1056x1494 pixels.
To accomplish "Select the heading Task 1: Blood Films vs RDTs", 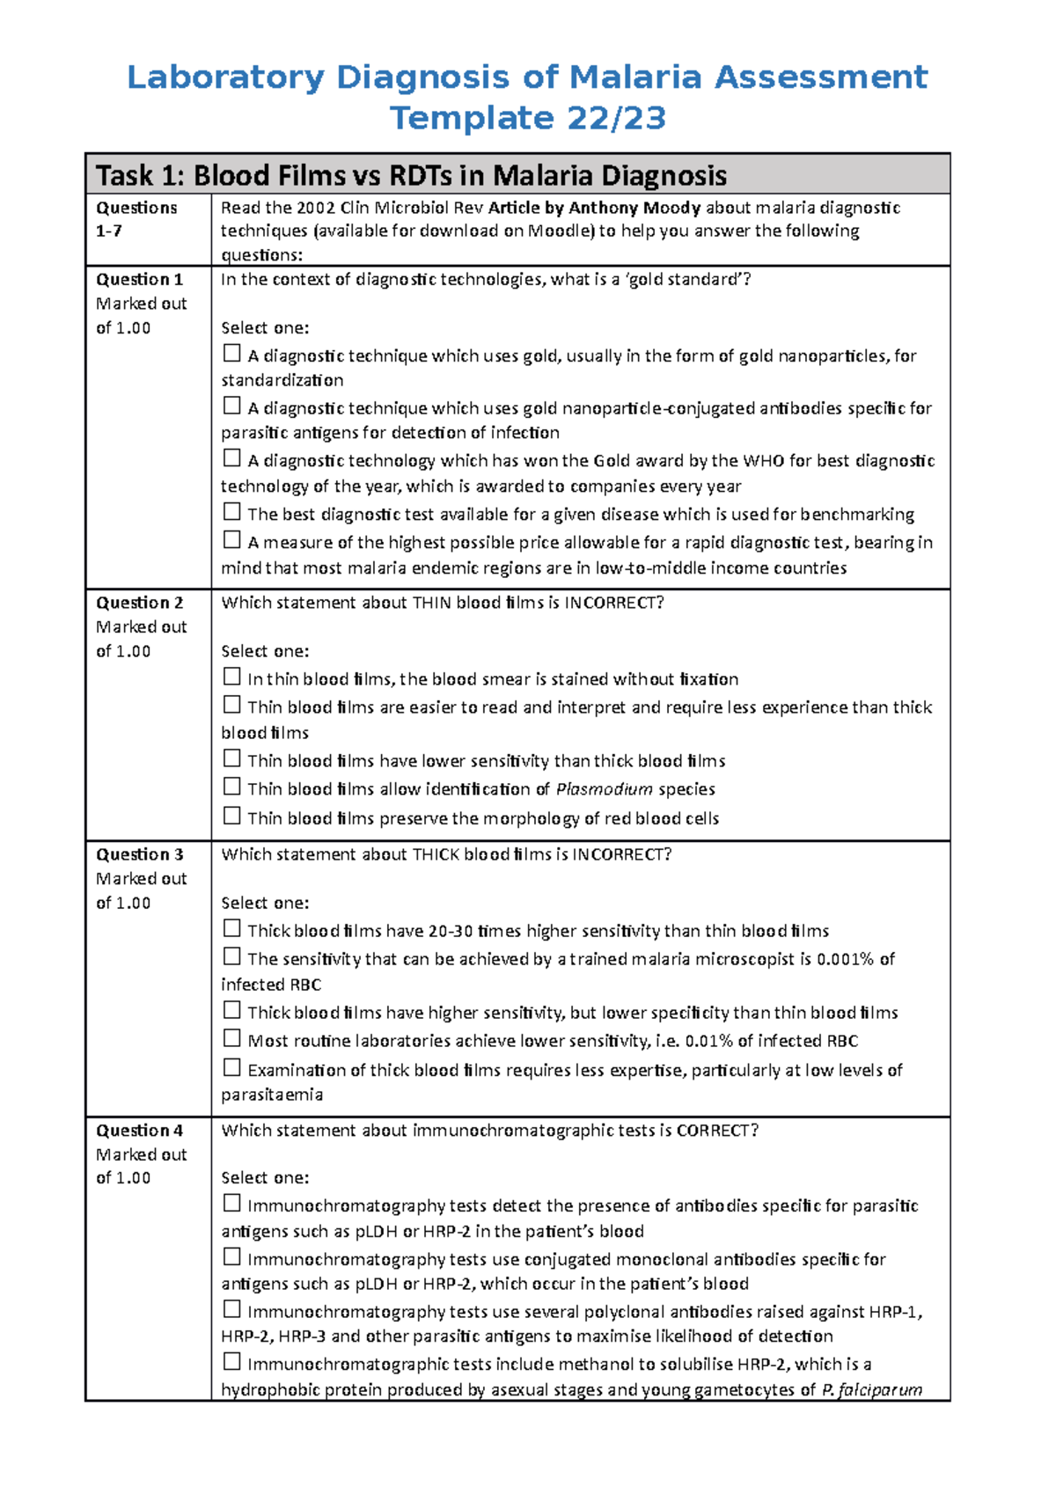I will [411, 175].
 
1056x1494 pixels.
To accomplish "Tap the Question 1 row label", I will [139, 279].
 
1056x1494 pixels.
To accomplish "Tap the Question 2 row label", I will [139, 603].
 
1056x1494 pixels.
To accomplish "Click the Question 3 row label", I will [139, 854].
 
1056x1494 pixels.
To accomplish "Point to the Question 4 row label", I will [139, 1131].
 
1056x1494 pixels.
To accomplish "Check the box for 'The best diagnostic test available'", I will [231, 512].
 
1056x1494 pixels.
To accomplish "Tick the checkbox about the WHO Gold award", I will [231, 458].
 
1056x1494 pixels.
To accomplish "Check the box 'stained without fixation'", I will [231, 677].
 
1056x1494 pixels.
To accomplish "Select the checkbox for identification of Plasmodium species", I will [231, 787].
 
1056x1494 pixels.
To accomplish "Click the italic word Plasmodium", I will [604, 789].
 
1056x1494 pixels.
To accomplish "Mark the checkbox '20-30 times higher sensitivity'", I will [231, 928].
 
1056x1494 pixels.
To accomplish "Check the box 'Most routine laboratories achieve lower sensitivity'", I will [231, 1038].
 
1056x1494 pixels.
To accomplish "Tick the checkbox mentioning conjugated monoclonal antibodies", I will [231, 1257].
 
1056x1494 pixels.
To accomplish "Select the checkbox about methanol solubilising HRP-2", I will [231, 1362].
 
